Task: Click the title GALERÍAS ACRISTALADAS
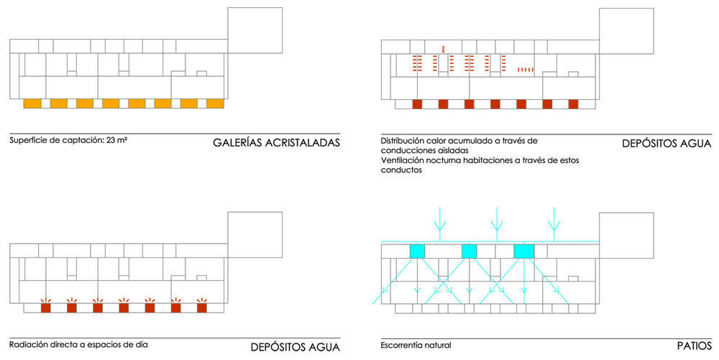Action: tap(277, 142)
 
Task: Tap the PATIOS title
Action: tap(695, 346)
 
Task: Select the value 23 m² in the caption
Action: tap(117, 140)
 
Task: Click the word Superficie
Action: tap(27, 141)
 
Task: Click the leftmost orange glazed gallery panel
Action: tap(32, 103)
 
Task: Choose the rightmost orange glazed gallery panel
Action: tap(215, 103)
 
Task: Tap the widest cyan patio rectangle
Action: tap(524, 251)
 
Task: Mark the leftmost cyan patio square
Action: tap(417, 251)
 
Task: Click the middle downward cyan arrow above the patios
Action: tap(497, 224)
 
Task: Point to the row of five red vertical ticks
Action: tap(526, 70)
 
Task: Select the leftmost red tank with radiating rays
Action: tap(45, 306)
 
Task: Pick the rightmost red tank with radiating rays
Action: tap(202, 306)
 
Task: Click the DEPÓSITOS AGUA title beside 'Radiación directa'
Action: tap(296, 347)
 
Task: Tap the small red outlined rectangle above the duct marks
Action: tap(444, 49)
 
